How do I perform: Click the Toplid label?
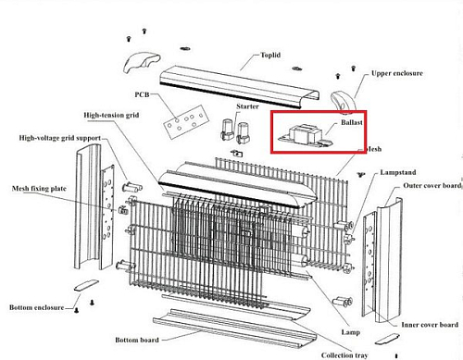coord(270,56)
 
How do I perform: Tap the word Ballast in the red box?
coord(352,122)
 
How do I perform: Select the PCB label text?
coord(142,94)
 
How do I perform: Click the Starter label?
coord(247,106)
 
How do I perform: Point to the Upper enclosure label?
coord(397,73)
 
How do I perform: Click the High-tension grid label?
coord(111,115)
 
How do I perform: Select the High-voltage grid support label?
coord(60,138)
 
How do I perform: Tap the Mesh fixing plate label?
coord(39,189)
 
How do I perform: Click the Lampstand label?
coord(398,172)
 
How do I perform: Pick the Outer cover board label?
coord(432,186)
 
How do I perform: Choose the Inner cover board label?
coord(430,325)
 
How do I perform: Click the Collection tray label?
coord(344,355)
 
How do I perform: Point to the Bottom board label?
coord(137,340)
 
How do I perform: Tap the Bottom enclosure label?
coord(37,307)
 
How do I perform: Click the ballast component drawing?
coord(305,136)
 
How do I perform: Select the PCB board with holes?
coord(184,122)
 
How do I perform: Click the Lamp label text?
coord(351,332)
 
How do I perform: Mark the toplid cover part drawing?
coord(240,87)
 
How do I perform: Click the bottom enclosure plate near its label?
coord(86,285)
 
